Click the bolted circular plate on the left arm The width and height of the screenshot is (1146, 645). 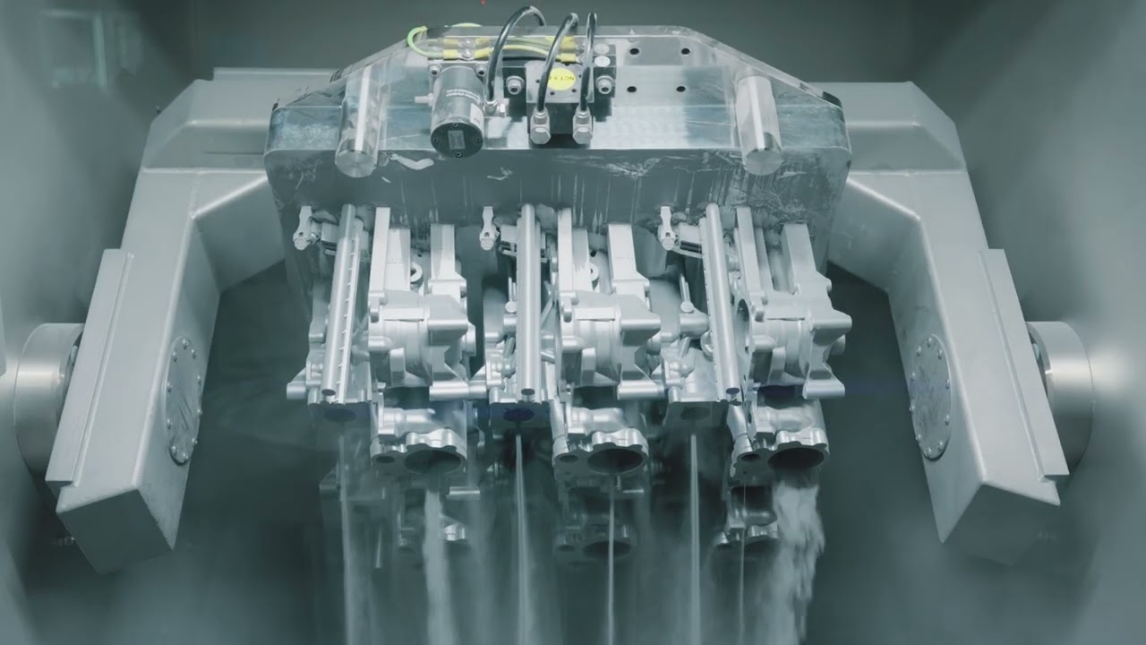pos(183,400)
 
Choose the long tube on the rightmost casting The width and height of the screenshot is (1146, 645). pos(722,300)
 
